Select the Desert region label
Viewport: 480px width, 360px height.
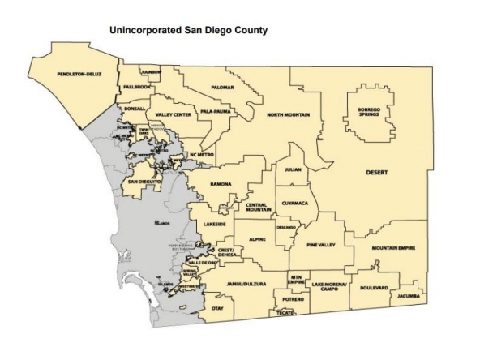click(x=377, y=173)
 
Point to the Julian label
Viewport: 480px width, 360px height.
click(x=292, y=170)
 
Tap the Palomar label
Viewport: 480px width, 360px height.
click(x=221, y=87)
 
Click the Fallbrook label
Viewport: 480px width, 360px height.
click(x=137, y=87)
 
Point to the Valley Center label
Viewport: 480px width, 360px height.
click(x=173, y=115)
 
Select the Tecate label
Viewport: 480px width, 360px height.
click(x=284, y=312)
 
